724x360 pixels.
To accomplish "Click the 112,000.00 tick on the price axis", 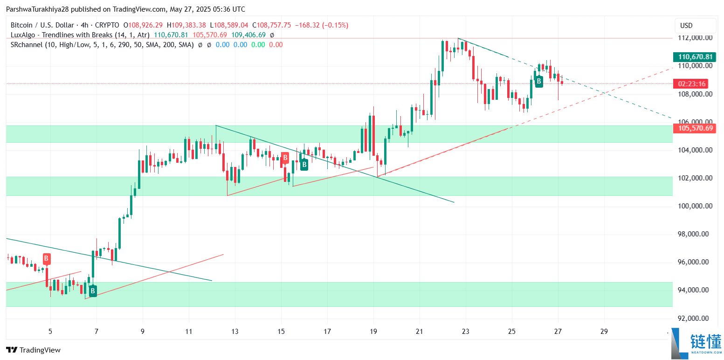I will click(695, 38).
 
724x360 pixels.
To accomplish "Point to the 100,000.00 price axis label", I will click(695, 206).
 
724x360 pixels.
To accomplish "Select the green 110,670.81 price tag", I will click(696, 57).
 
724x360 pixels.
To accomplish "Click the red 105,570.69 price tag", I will click(696, 128).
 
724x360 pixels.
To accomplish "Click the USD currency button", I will click(695, 26).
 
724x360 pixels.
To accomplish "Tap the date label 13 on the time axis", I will click(235, 332).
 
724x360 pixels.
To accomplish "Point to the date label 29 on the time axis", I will click(604, 332).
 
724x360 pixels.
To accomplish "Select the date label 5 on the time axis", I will click(50, 332).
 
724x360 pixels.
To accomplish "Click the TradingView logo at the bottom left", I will click(33, 350).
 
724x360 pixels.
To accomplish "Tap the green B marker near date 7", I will click(93, 291).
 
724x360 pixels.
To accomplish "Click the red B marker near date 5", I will click(47, 258).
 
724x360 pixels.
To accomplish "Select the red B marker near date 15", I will click(285, 159).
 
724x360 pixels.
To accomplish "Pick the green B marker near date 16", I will click(304, 164).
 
